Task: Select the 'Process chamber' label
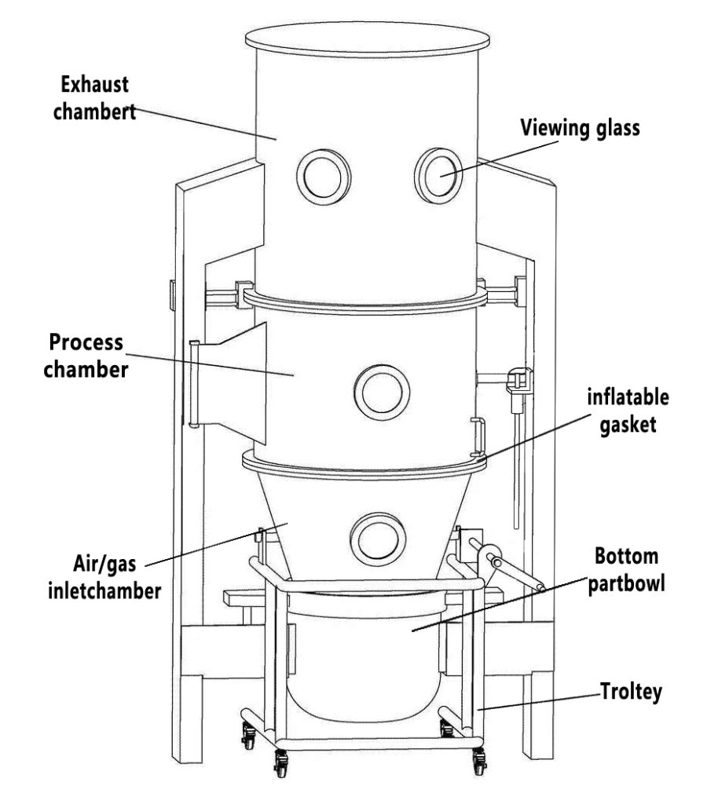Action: (86, 356)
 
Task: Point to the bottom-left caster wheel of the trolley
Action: (280, 759)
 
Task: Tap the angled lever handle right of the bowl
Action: (511, 570)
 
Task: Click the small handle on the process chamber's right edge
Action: (478, 437)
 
